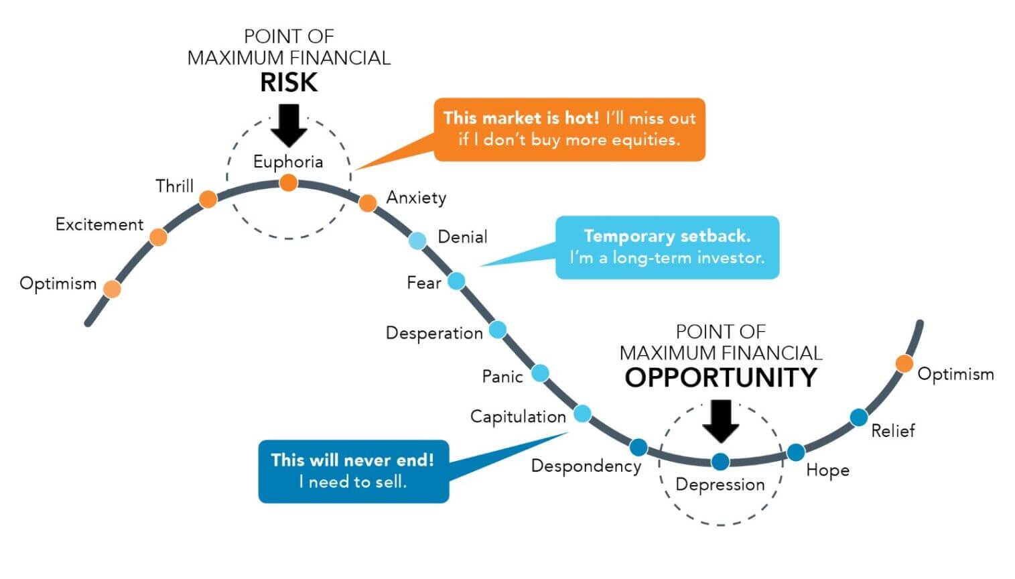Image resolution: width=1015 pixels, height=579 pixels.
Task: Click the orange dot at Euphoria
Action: click(288, 182)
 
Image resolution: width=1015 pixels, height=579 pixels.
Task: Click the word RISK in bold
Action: click(289, 82)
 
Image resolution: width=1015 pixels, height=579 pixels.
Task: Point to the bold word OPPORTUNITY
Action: click(721, 378)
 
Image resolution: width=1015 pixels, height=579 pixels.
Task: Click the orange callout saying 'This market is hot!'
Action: click(569, 129)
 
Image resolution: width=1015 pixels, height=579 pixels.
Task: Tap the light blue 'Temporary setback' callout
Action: click(667, 247)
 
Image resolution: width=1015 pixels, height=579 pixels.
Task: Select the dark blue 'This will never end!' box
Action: click(353, 471)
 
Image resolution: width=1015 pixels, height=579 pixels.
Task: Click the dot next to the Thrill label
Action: click(208, 198)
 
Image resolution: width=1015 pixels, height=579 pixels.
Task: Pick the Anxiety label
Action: click(416, 198)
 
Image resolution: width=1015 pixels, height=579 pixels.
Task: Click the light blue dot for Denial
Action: click(417, 241)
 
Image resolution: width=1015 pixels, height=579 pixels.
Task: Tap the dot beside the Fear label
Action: click(456, 281)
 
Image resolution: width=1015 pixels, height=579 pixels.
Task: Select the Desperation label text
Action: click(434, 333)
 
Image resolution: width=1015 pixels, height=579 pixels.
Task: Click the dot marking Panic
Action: click(540, 373)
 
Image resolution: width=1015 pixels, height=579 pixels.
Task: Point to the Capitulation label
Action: click(518, 417)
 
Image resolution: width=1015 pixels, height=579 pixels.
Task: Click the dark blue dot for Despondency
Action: click(638, 447)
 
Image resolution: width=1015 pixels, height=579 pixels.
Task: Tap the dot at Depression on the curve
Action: click(720, 461)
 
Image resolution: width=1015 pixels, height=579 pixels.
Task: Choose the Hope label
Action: click(827, 470)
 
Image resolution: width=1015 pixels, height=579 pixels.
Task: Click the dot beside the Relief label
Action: click(859, 417)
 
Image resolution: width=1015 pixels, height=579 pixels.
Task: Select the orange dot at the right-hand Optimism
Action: click(904, 364)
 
